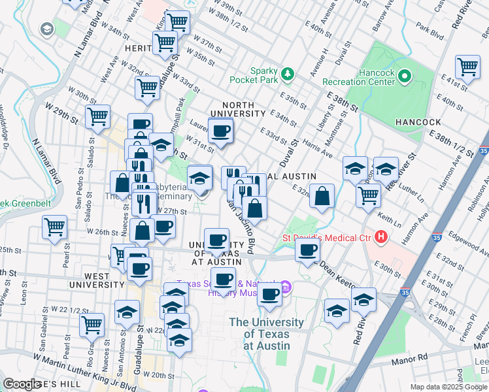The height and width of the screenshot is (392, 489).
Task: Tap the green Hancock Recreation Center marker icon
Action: pyautogui.click(x=404, y=78)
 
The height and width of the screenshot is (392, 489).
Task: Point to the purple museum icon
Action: pyautogui.click(x=285, y=287)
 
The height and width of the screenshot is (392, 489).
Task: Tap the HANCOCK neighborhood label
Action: pyautogui.click(x=418, y=122)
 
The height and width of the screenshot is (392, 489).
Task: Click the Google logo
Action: pyautogui.click(x=22, y=384)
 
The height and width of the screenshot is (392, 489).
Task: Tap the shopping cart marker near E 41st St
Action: pyautogui.click(x=468, y=67)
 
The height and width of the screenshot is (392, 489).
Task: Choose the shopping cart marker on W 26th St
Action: pyautogui.click(x=54, y=227)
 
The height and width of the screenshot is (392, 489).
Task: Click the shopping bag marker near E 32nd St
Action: pyautogui.click(x=322, y=196)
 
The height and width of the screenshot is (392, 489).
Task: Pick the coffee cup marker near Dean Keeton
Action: pyautogui.click(x=307, y=249)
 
